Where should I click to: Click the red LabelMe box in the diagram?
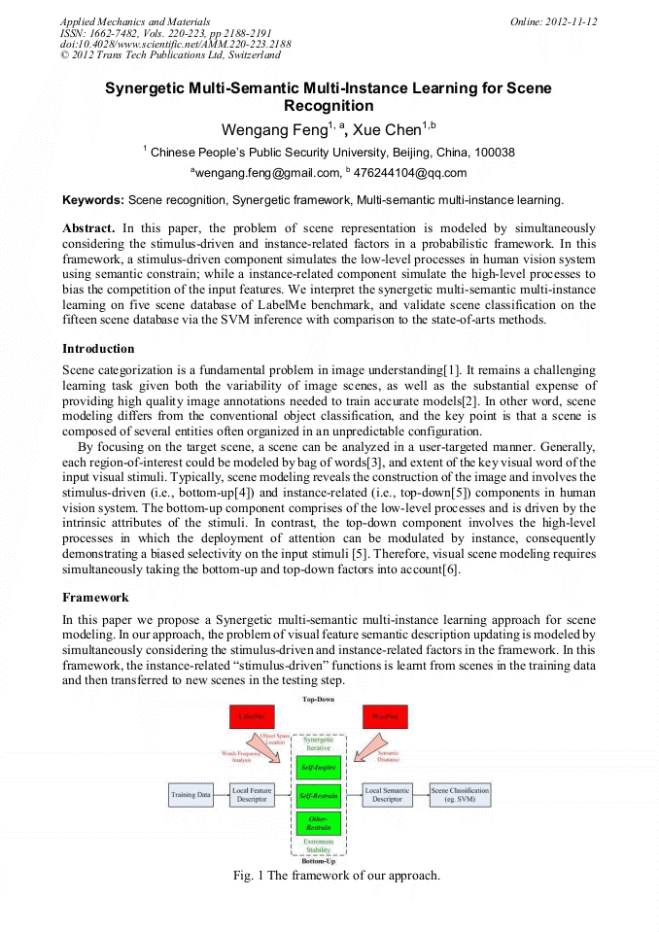point(253,717)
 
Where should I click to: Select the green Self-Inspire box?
point(318,768)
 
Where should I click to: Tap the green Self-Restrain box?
point(318,796)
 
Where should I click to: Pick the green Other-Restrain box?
point(318,823)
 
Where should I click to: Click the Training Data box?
point(191,795)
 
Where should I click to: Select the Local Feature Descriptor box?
point(252,795)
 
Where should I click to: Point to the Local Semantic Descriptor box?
point(387,795)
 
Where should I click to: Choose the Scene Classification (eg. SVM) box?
point(460,795)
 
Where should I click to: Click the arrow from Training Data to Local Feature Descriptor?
point(221,795)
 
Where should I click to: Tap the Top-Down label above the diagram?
point(318,699)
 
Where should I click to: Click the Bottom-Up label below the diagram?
point(318,861)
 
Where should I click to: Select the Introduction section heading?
point(98,349)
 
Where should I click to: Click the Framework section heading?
point(95,598)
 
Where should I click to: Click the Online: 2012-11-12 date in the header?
point(553,21)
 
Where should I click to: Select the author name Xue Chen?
point(386,130)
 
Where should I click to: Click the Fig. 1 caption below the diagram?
point(336,876)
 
